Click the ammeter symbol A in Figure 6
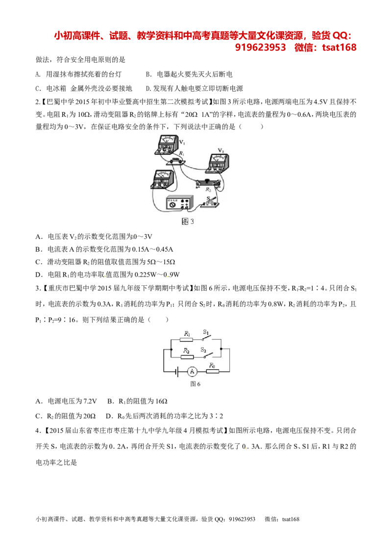tap(192, 371)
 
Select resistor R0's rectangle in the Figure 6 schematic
tap(212, 371)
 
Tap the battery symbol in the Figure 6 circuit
tap(176, 371)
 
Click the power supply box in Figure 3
tap(180, 204)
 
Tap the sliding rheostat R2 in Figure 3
tap(208, 184)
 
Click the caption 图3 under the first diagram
tap(188, 222)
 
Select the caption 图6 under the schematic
tap(196, 384)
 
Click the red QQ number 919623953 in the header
tap(260, 48)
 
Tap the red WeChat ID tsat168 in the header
tap(339, 48)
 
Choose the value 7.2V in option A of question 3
tap(90, 401)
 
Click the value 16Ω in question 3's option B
tap(161, 401)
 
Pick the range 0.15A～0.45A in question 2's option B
tap(152, 249)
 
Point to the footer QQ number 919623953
tap(242, 519)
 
